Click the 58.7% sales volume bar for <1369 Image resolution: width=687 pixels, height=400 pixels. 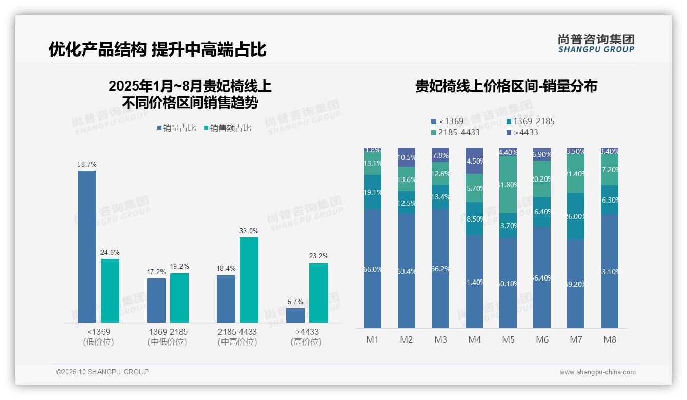pyautogui.click(x=87, y=246)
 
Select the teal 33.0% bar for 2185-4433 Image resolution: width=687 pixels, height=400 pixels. pyautogui.click(x=249, y=280)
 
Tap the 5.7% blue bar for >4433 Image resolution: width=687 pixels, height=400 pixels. pyautogui.click(x=295, y=315)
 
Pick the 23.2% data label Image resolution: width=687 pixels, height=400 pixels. pyautogui.click(x=319, y=256)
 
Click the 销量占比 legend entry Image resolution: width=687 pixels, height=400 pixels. pyautogui.click(x=176, y=128)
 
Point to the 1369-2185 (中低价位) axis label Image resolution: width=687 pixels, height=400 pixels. pyautogui.click(x=167, y=337)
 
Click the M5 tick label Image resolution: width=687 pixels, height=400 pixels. pyautogui.click(x=508, y=339)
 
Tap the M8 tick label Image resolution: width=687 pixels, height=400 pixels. pyautogui.click(x=610, y=339)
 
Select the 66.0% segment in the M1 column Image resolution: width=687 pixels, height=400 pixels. pyautogui.click(x=372, y=268)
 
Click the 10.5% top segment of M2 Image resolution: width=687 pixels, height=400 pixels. pyautogui.click(x=407, y=157)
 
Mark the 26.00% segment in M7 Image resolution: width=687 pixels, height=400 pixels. pyautogui.click(x=576, y=216)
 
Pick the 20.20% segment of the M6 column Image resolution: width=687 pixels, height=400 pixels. pyautogui.click(x=542, y=179)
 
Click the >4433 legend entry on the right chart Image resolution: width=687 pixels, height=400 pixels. pyautogui.click(x=522, y=133)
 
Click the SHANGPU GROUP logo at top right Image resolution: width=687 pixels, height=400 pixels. pyautogui.click(x=596, y=44)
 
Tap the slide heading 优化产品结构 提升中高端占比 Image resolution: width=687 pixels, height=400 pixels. pyautogui.click(x=157, y=50)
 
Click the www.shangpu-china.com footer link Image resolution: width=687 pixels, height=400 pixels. pyautogui.click(x=597, y=372)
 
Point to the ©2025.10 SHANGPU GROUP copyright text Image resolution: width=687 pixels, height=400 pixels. pyautogui.click(x=103, y=372)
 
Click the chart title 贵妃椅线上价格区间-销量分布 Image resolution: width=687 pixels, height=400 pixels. pyautogui.click(x=506, y=87)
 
